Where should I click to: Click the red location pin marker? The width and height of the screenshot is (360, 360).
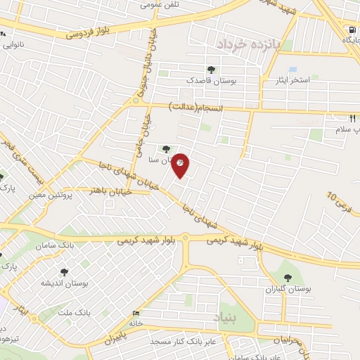tap(181, 165)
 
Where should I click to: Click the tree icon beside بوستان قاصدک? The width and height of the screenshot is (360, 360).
tap(211, 69)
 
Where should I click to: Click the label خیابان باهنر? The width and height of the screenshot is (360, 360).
tap(108, 190)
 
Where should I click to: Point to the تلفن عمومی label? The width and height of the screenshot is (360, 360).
tap(159, 5)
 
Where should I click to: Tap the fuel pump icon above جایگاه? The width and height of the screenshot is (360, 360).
tap(351, 30)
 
